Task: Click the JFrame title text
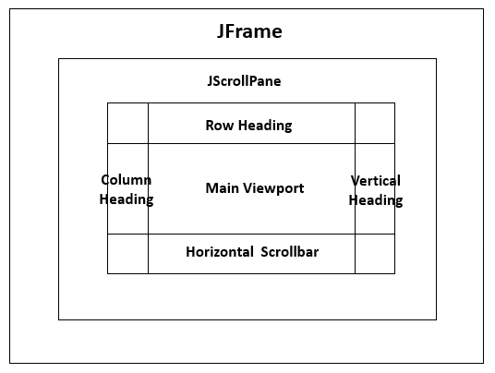coord(248,31)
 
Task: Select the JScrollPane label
coord(244,81)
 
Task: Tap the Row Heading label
coord(248,126)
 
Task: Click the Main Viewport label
coord(254,188)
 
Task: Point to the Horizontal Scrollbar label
coord(252,251)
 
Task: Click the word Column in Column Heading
coord(126,180)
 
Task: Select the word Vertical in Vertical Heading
coord(376,181)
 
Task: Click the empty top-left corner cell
coord(127,123)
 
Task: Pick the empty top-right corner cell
coord(375,123)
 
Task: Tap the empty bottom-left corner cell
coord(127,254)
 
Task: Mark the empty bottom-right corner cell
coord(375,254)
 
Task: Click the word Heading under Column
coord(127,199)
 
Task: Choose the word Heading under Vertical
coord(376,200)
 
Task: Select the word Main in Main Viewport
coord(222,188)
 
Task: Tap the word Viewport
coord(272,188)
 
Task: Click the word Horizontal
coord(219,251)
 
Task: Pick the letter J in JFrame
coord(222,31)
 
